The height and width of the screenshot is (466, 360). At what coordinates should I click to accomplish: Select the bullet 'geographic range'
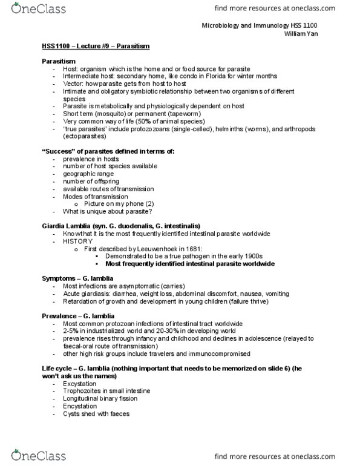(88, 171)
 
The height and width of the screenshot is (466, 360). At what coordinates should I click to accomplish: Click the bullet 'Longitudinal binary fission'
(102, 399)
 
